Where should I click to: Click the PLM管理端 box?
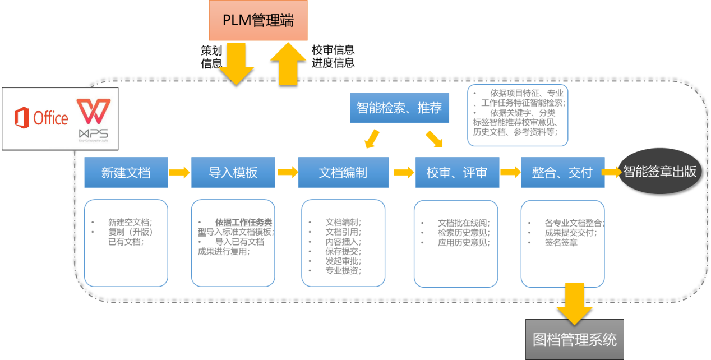[258, 20]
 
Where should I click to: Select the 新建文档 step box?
[126, 172]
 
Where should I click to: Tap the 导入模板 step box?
[233, 172]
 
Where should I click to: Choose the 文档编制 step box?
[343, 172]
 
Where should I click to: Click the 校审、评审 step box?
[456, 172]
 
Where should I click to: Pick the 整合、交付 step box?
[562, 172]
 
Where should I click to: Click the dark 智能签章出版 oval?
[660, 172]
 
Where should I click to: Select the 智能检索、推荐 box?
[399, 108]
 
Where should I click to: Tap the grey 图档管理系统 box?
[574, 339]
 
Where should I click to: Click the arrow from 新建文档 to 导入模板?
[179, 172]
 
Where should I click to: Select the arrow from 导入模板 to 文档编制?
[287, 172]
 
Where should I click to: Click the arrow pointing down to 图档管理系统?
[574, 303]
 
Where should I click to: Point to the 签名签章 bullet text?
[561, 243]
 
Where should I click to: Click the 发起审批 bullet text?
[343, 261]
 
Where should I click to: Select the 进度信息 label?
[333, 63]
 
